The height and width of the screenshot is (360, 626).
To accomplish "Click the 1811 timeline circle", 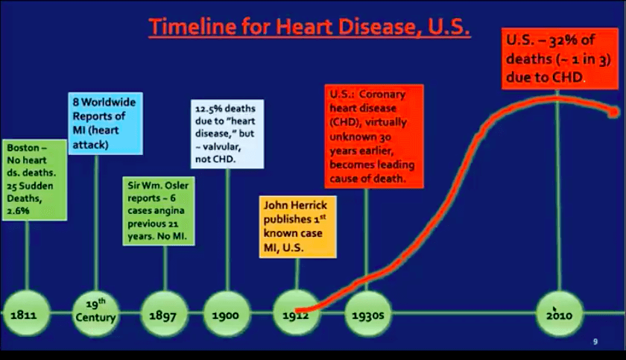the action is click(x=26, y=314).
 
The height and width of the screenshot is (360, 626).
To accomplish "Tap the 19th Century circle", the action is click(x=96, y=314).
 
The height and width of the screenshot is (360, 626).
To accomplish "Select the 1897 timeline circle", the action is click(x=164, y=314).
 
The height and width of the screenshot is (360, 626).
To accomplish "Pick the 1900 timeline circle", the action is click(x=227, y=314).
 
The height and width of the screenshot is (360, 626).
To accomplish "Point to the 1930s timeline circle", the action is click(x=368, y=314).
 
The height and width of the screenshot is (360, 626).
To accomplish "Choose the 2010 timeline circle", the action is click(x=559, y=314).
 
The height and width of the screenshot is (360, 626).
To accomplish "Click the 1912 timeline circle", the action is click(x=297, y=314).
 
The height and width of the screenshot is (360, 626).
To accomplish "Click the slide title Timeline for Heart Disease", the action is click(x=309, y=27).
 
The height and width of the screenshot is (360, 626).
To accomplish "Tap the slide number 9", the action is click(x=595, y=341).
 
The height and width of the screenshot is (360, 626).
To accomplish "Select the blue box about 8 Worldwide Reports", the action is click(x=105, y=123).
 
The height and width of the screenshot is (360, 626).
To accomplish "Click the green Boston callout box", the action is click(x=35, y=180).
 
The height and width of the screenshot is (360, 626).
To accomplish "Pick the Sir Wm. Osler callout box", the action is click(x=159, y=211).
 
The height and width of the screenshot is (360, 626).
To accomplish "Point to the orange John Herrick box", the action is click(x=298, y=227).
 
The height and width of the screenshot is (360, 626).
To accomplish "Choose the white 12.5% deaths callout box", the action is click(x=227, y=133).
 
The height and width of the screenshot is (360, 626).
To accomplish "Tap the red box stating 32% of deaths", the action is click(x=560, y=59).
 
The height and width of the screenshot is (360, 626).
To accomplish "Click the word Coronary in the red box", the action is click(x=382, y=94).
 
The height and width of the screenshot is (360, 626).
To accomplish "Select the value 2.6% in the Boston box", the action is click(x=18, y=211).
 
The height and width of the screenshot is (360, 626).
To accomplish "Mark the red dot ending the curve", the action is click(x=613, y=113).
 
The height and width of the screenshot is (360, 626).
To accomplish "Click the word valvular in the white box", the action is click(x=221, y=147).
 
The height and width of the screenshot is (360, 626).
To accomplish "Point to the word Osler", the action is click(x=176, y=185).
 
